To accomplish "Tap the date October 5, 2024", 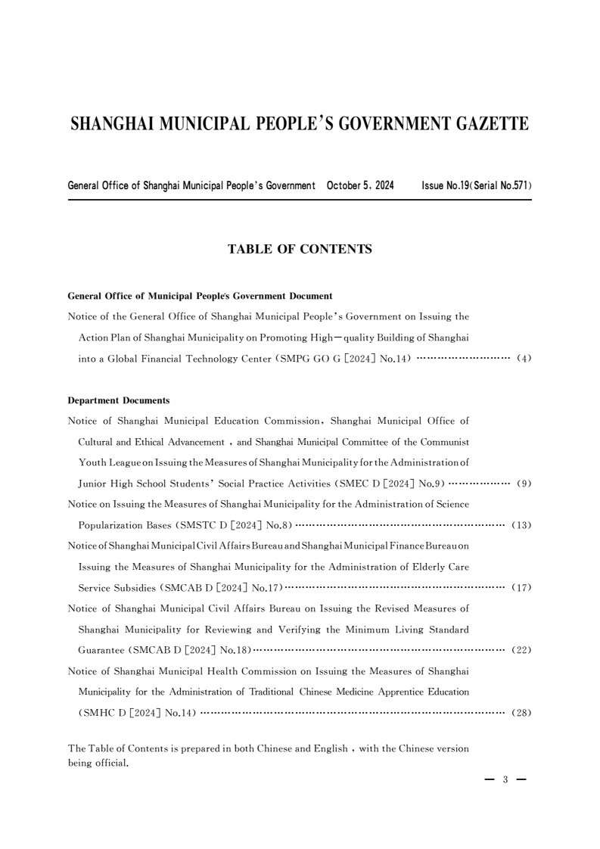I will [x=360, y=185].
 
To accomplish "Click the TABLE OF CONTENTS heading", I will [x=300, y=249].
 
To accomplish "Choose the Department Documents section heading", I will [x=119, y=400].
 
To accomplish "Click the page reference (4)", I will [x=524, y=359].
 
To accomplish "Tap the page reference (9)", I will [x=524, y=482].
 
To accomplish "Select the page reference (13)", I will [x=522, y=524].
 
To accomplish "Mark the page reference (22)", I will [x=522, y=650].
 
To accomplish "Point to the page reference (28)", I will [x=522, y=713].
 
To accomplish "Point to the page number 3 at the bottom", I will [x=505, y=779].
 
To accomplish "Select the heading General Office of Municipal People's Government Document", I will [x=201, y=296].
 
